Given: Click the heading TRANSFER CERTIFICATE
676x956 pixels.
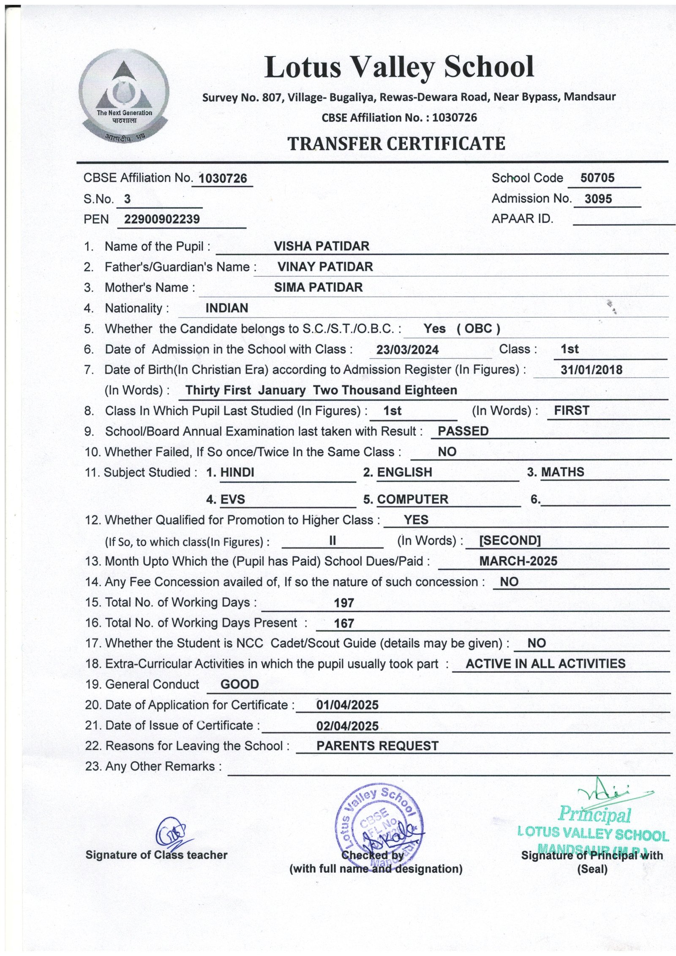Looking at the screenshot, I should (396, 144).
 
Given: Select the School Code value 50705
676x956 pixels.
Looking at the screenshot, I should (597, 178).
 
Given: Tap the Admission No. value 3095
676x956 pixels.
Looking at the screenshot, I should (598, 199).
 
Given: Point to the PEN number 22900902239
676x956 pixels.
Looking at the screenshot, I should (162, 219).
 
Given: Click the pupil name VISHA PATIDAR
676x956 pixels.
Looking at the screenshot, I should (322, 246).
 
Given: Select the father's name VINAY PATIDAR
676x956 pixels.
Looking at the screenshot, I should (325, 267).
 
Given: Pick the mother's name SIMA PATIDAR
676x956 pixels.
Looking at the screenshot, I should (318, 287).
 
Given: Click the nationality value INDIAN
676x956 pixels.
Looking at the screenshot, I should (226, 308).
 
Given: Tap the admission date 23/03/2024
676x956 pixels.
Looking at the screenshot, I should (407, 349).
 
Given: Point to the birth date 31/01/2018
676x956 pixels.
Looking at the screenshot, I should (591, 370).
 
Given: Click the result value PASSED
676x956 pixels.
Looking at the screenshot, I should (463, 431).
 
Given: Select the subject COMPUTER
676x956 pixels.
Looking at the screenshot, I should (412, 499).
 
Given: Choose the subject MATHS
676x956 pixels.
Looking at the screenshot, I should (562, 472).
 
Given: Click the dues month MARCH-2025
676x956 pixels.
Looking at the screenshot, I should (518, 561).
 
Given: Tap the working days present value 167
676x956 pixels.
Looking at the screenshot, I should (344, 623).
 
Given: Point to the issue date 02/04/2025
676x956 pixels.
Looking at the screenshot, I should (347, 726).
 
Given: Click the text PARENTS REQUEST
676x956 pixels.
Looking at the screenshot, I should (377, 746).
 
